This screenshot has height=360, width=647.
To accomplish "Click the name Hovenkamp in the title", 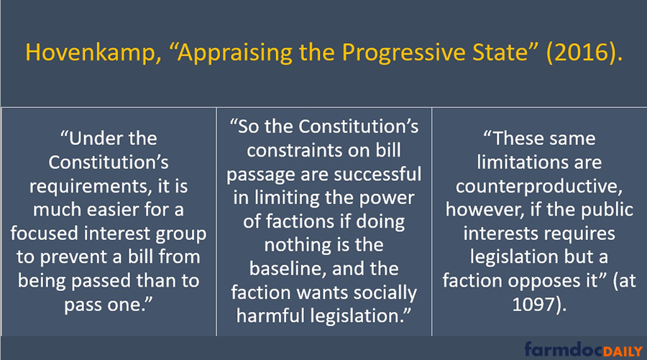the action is (90, 52).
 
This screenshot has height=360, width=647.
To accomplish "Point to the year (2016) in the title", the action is (581, 53).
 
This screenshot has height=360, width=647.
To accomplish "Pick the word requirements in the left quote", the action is (88, 187).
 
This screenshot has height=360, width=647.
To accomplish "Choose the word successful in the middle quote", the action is (377, 174).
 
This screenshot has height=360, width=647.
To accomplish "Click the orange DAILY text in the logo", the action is (623, 352).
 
